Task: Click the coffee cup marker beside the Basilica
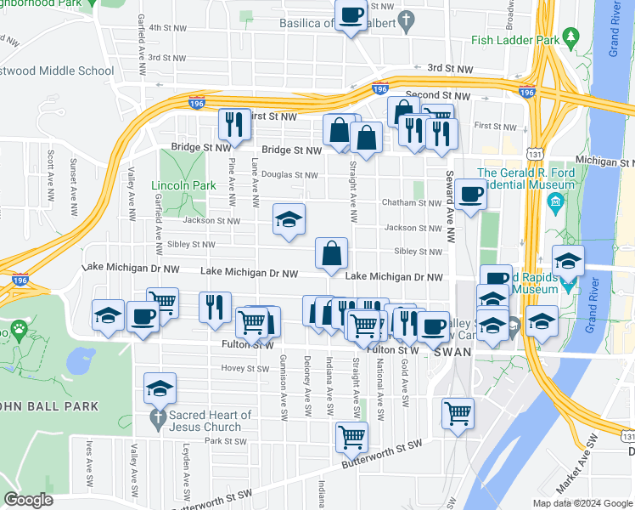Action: point(350,16)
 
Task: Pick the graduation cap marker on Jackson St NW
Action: point(289,220)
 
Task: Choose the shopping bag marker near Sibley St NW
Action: point(331,253)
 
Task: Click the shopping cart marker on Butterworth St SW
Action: point(351,438)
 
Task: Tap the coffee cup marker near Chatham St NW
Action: point(470,195)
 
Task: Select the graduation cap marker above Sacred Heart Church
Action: point(160,388)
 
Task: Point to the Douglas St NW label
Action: point(289,175)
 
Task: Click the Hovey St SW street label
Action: point(244,369)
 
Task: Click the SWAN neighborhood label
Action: point(452,352)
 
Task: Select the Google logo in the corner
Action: point(29,500)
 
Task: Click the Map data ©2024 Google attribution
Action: point(582,503)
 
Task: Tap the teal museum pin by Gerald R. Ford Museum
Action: point(557,202)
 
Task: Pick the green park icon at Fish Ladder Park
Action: point(571,38)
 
